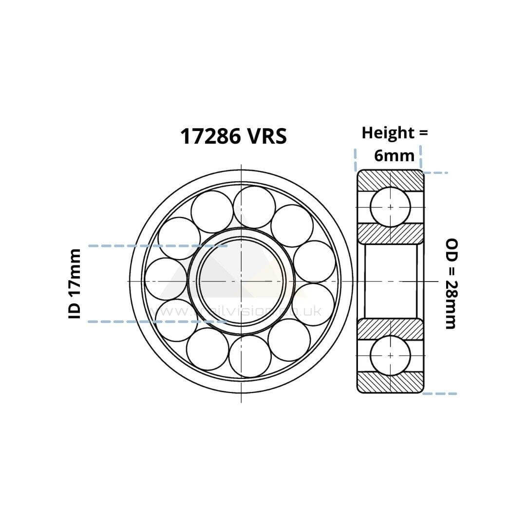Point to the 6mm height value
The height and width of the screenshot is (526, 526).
[394, 155]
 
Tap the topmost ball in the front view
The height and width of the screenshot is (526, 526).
[254, 207]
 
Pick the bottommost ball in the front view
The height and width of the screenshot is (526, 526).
[250, 356]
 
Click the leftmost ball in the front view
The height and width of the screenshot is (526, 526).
[166, 279]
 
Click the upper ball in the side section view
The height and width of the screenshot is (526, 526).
[390, 207]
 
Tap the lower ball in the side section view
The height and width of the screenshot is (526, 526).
[390, 355]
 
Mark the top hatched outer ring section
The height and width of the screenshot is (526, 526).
[390, 180]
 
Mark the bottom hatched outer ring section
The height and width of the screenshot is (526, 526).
[390, 382]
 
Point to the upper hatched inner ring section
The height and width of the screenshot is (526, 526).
[390, 233]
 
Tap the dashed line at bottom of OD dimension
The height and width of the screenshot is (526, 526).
[440, 393]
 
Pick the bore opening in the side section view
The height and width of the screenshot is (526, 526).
[390, 281]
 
